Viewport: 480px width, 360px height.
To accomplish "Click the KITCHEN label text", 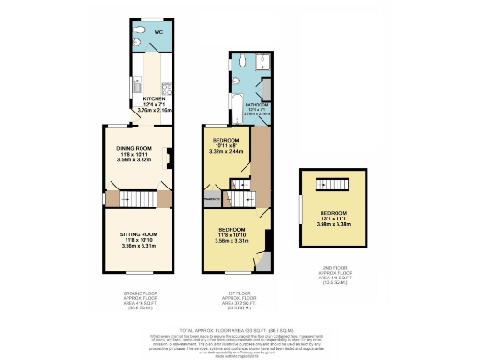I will pyautogui.click(x=154, y=97).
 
